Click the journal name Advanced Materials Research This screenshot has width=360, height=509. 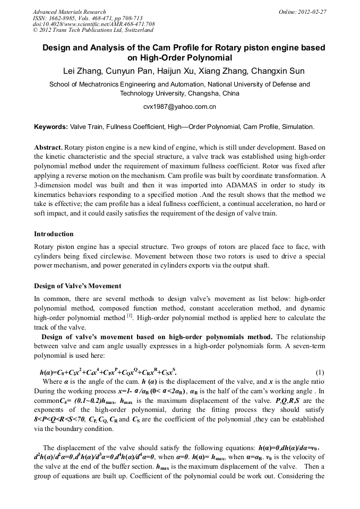pos(69,12)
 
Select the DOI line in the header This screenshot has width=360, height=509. pos(93,24)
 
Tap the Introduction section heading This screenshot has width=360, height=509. pos(54,234)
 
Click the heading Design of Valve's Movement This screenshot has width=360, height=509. pos(78,286)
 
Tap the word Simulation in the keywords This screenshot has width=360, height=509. pos(298,127)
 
